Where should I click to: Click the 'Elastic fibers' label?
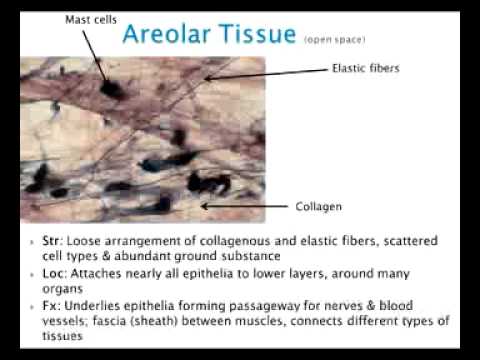(x=366, y=69)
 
